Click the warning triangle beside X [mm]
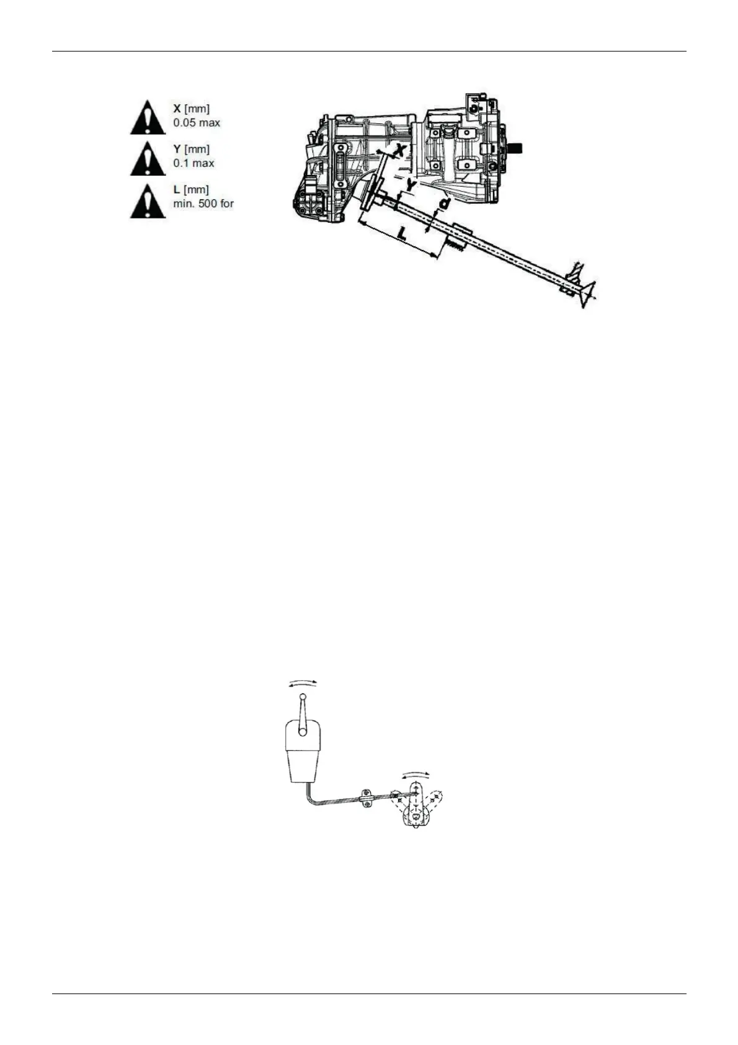point(147,118)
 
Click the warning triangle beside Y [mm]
point(147,159)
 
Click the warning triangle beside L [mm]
point(147,202)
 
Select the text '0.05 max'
point(197,123)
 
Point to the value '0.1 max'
point(193,163)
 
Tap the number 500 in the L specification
point(208,204)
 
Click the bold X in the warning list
point(177,109)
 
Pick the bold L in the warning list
point(177,189)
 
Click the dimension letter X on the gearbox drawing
point(402,149)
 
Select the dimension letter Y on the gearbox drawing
point(411,184)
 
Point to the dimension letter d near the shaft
point(444,203)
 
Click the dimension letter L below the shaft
point(402,235)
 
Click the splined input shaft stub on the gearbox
point(515,148)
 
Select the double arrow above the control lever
point(302,682)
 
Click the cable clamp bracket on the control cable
point(366,798)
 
